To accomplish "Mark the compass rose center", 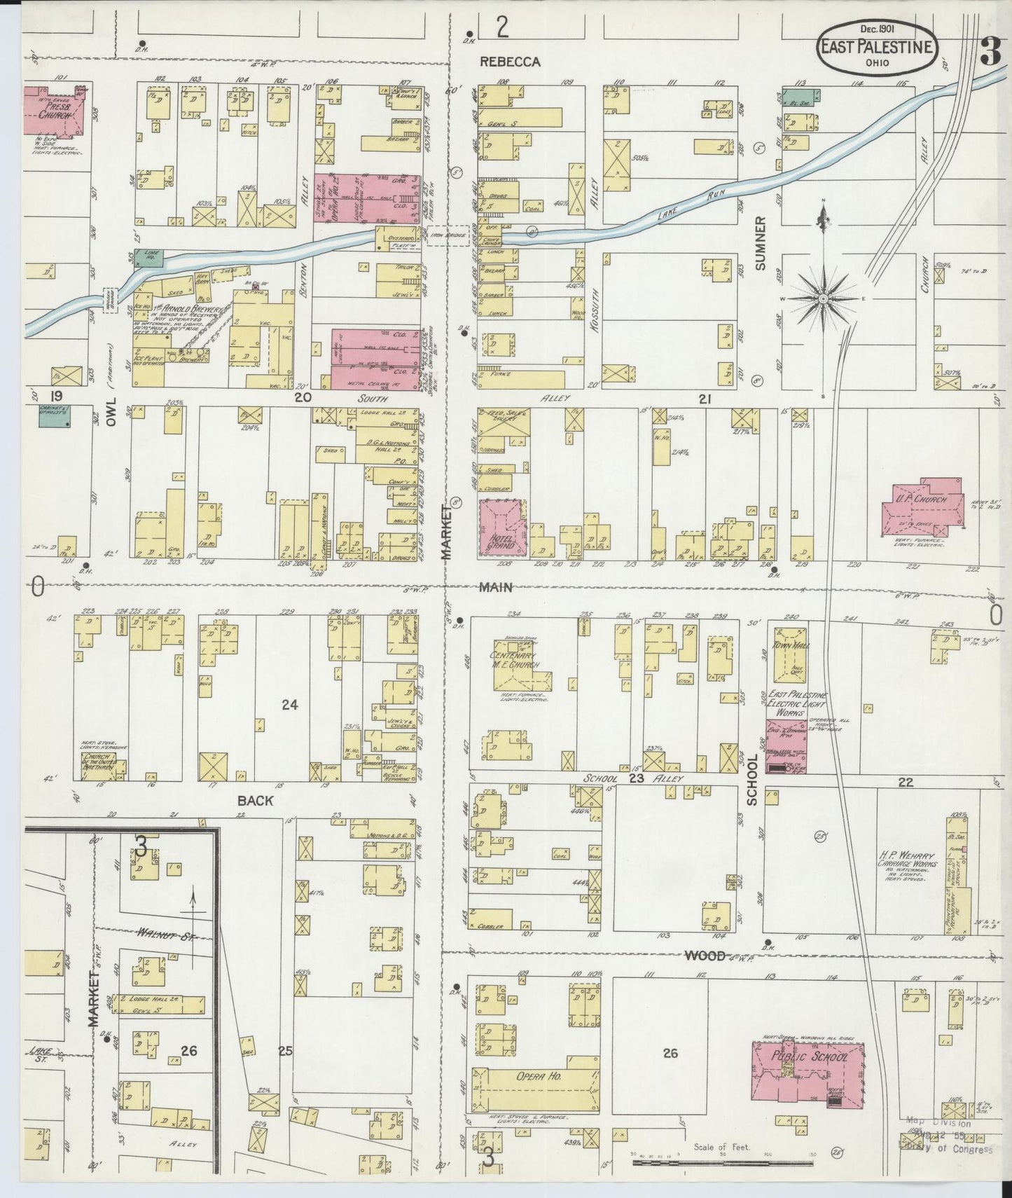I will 824,299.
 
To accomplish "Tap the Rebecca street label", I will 510,62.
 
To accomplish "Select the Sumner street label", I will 761,242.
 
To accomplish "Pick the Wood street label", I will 705,955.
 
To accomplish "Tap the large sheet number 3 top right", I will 990,53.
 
